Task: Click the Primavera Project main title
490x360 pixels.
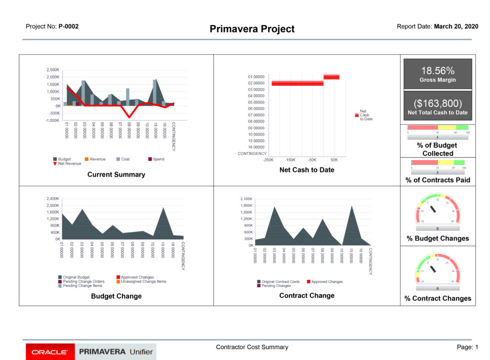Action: [252, 29]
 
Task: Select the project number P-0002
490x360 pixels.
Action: [68, 27]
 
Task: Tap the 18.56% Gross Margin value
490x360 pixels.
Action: [437, 71]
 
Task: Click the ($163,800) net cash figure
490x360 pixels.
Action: [437, 103]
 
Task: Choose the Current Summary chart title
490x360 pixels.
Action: [116, 175]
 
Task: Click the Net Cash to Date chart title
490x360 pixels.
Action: [307, 170]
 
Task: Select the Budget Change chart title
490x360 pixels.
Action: [116, 296]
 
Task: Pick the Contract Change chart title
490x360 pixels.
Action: [307, 296]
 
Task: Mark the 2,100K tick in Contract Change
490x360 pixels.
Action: [245, 199]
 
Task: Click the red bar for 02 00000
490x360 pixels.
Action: [298, 83]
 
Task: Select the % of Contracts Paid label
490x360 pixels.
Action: [437, 180]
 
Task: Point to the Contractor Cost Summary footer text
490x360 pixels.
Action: [252, 347]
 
